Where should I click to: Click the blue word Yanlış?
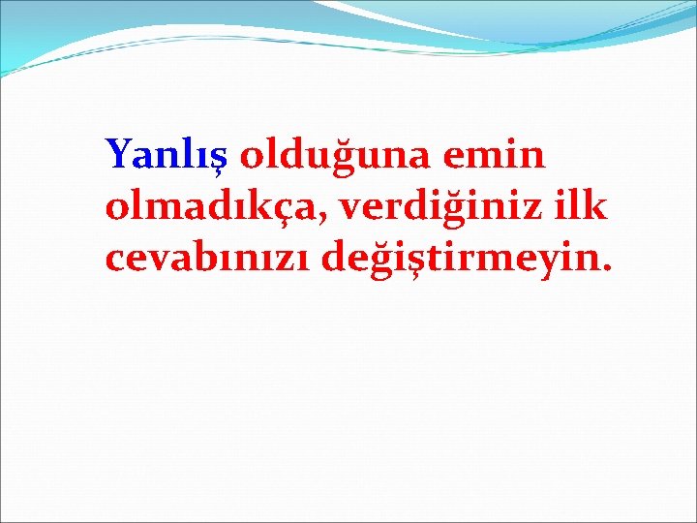166,154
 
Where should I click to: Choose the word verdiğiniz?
440,206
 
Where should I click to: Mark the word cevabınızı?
210,259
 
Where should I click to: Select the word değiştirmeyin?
469,259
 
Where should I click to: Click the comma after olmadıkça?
328,218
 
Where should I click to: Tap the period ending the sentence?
608,268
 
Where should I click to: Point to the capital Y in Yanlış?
120,153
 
